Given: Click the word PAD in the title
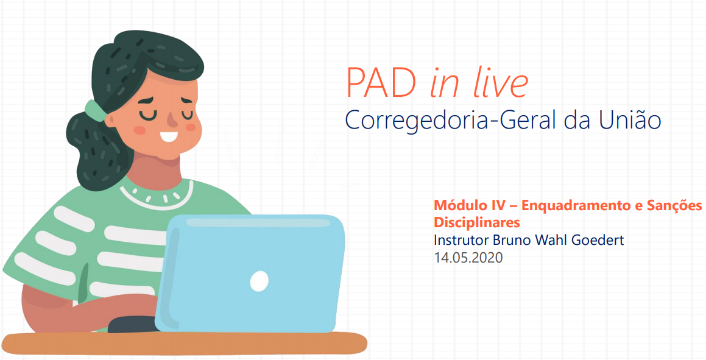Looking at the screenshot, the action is (x=381, y=82).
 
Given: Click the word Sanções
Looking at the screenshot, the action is (x=674, y=206).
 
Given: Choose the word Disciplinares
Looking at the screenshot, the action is (x=477, y=222).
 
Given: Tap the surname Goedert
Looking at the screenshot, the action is (x=598, y=240).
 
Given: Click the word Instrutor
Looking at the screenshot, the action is (x=462, y=240).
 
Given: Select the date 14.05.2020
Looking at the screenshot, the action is (x=468, y=258).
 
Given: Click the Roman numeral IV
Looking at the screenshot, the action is (x=495, y=206).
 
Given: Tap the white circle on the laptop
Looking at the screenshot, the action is (x=259, y=281).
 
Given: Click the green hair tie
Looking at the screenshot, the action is (x=95, y=111).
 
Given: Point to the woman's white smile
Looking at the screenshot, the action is (x=169, y=136).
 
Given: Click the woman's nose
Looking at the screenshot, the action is (x=172, y=119).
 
